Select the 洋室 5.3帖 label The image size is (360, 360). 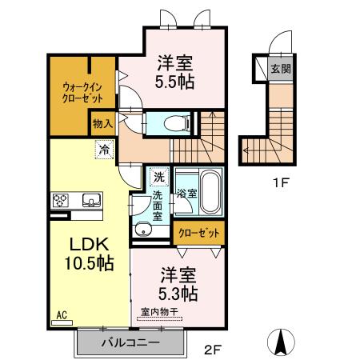(176, 285)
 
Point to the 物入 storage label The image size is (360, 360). (102, 124)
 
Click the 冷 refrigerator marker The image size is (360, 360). (103, 148)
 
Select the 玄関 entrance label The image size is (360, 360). (281, 69)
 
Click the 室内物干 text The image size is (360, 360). (160, 312)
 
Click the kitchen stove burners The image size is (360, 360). (62, 200)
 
